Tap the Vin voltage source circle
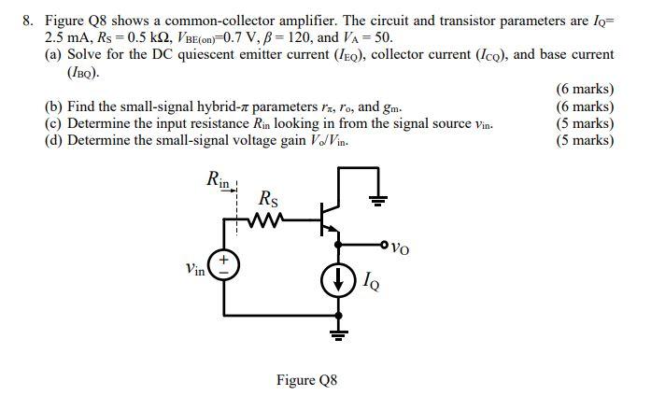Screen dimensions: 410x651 pos(224,265)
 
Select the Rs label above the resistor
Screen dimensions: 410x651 pos(267,198)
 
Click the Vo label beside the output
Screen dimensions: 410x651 pos(401,248)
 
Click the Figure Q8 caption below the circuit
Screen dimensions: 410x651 pos(306,380)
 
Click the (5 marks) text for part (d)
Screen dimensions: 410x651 pos(585,140)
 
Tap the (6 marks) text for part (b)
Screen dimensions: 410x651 pos(585,106)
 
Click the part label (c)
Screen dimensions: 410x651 pos(54,123)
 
